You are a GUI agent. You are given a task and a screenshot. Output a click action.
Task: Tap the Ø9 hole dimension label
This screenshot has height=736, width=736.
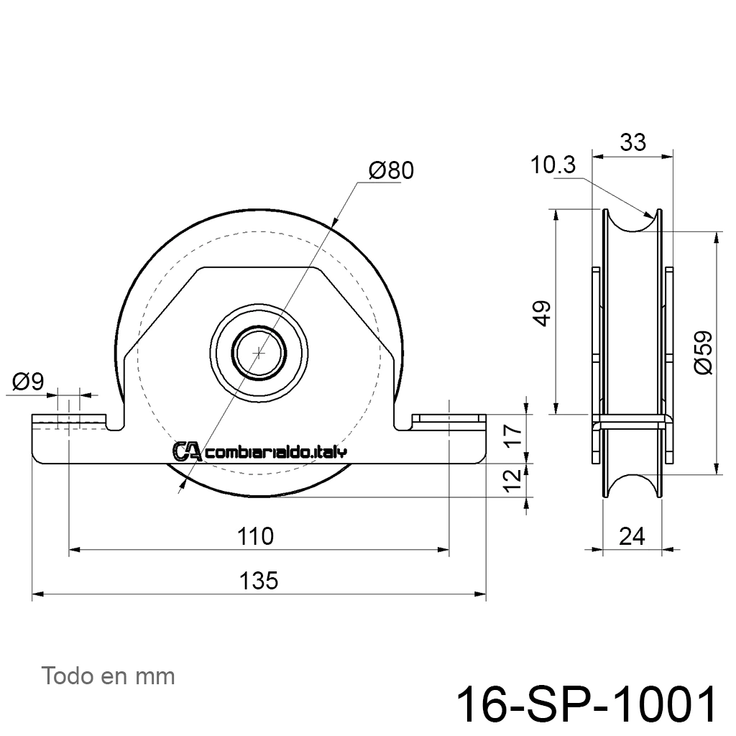(x=28, y=381)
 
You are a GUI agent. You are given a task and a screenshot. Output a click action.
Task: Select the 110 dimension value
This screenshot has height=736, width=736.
(x=255, y=536)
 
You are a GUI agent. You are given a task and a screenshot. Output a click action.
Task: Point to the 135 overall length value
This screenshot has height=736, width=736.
(x=259, y=581)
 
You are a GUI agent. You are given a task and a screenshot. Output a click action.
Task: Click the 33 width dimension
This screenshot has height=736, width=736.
(x=632, y=142)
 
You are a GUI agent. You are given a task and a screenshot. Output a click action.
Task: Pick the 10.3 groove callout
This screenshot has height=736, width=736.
(x=553, y=165)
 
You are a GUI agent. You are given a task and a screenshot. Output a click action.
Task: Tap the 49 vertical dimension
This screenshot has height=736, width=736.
(x=543, y=313)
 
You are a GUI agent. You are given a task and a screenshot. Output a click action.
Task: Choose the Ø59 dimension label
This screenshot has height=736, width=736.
(x=704, y=352)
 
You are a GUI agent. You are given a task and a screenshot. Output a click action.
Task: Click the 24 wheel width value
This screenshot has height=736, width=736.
(x=632, y=536)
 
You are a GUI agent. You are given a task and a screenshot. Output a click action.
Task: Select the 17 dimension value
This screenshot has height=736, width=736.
(x=515, y=435)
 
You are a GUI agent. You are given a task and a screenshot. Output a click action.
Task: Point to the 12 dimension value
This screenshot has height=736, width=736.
(x=515, y=479)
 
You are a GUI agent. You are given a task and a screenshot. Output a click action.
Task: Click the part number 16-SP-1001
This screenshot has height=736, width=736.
(x=586, y=704)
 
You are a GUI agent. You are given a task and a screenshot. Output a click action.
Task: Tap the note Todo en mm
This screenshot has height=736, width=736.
(x=108, y=676)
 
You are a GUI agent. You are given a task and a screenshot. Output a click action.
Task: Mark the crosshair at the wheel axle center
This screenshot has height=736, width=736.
(x=259, y=352)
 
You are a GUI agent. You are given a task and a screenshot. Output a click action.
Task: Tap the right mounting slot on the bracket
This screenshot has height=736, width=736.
(x=449, y=418)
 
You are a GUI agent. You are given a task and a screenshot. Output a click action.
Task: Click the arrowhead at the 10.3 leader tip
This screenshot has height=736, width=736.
(x=650, y=216)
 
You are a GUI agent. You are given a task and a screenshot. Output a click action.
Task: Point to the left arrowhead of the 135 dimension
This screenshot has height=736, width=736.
(x=37, y=594)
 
